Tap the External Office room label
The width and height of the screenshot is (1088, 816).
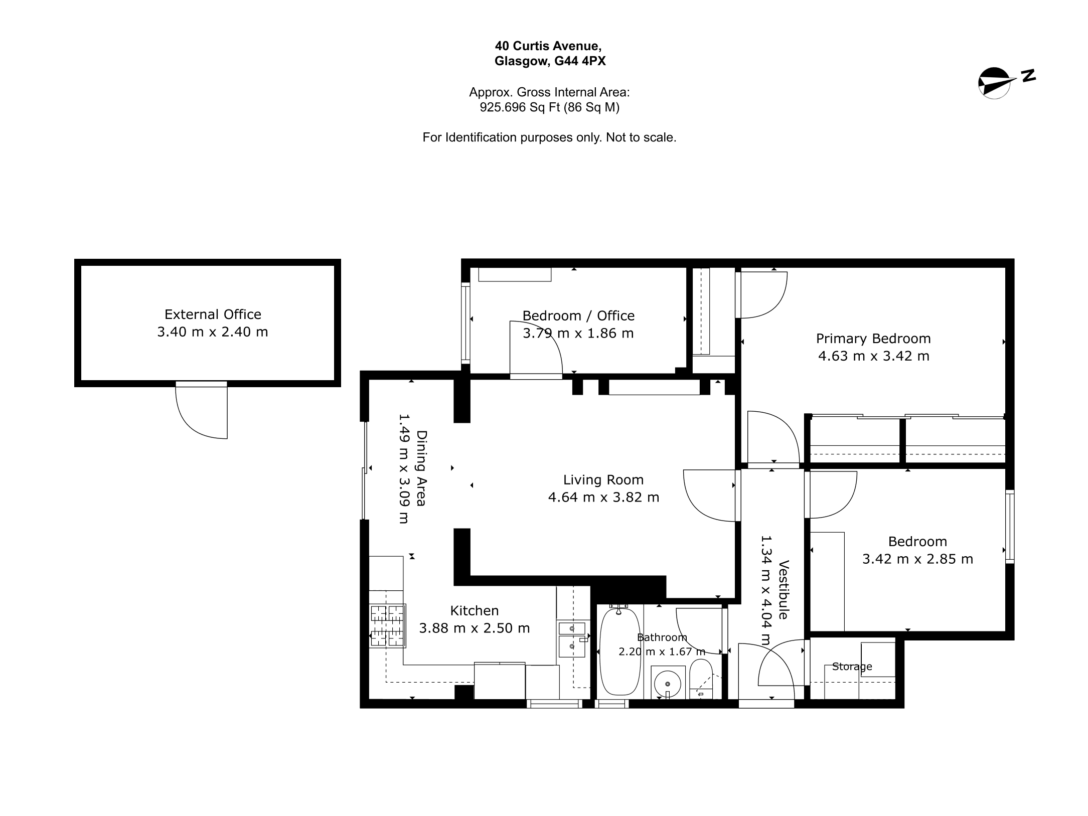[x=213, y=314]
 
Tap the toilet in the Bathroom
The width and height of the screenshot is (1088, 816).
[x=701, y=679]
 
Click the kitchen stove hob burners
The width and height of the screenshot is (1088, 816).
[x=387, y=626]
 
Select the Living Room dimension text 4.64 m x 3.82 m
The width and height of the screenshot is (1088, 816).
[x=603, y=497]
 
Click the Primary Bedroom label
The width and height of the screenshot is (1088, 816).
[x=873, y=339]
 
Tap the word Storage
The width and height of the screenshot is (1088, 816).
[x=852, y=667]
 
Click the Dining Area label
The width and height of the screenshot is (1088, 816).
[x=421, y=468]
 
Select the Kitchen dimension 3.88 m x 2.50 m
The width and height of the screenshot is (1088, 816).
[x=475, y=628]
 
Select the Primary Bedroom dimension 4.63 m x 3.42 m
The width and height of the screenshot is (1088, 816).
[x=874, y=356]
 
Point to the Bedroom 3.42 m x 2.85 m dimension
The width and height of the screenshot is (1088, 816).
[x=917, y=559]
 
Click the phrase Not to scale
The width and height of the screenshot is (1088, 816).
[x=641, y=137]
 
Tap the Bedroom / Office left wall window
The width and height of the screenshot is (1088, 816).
[x=465, y=323]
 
